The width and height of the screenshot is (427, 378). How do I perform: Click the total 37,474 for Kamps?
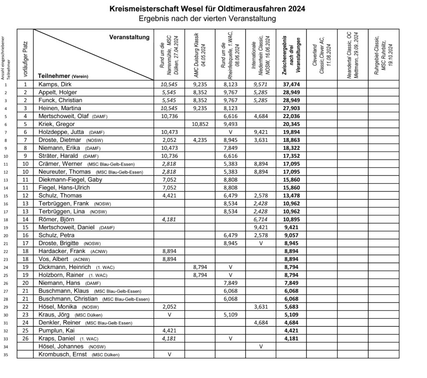click(x=291, y=84)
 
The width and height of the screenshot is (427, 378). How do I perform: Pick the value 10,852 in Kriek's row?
click(x=200, y=124)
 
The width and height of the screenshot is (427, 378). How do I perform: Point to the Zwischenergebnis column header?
click(x=291, y=53)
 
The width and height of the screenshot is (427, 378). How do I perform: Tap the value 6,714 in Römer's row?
click(x=261, y=219)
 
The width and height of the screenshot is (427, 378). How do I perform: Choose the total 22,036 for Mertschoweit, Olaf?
click(x=291, y=116)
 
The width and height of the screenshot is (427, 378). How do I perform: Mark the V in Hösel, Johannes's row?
click(x=261, y=346)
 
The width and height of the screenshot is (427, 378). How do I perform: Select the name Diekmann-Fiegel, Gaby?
click(x=70, y=179)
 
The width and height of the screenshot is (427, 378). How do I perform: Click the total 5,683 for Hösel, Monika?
click(x=291, y=306)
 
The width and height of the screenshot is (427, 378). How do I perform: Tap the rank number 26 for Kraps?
click(x=25, y=338)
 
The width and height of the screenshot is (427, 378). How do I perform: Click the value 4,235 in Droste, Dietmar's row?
click(x=200, y=140)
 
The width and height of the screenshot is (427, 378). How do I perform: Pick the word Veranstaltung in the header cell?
click(x=129, y=37)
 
